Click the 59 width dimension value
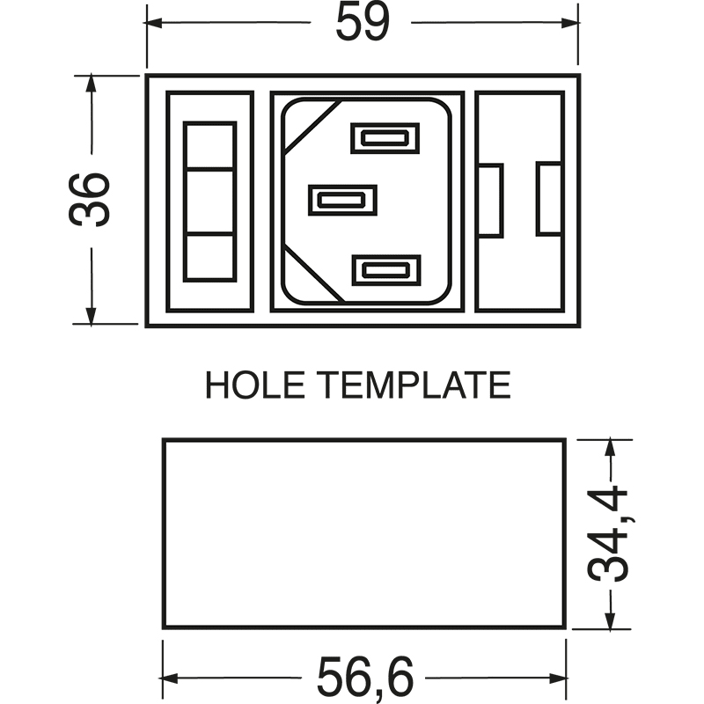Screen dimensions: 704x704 click(x=363, y=21)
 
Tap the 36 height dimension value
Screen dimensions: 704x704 click(x=89, y=200)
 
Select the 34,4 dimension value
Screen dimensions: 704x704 click(x=607, y=534)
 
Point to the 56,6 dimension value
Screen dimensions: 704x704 click(x=364, y=678)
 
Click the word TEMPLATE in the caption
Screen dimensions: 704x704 click(x=414, y=385)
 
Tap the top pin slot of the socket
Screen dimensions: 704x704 click(x=385, y=138)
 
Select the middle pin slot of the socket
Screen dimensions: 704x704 click(x=342, y=200)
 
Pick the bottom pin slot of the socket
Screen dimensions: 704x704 click(x=386, y=270)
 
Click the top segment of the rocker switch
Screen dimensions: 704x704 click(x=209, y=145)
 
